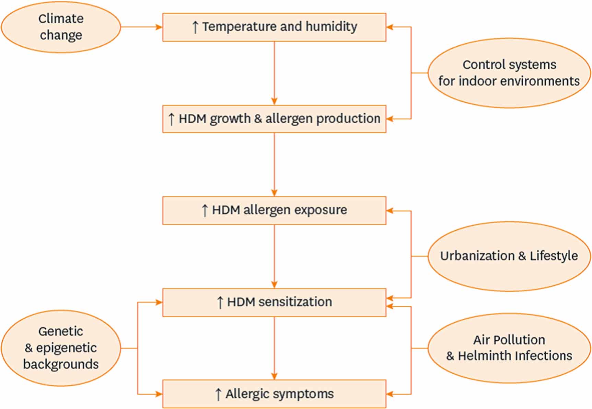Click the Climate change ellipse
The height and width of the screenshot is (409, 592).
click(61, 27)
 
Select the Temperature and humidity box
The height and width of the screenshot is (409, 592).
click(274, 27)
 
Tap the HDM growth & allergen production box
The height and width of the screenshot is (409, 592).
click(274, 119)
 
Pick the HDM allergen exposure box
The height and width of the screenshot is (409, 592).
click(274, 211)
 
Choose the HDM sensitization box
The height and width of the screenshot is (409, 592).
click(274, 302)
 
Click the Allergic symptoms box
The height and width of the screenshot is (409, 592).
click(274, 394)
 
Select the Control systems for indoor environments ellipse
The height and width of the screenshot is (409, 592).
click(509, 73)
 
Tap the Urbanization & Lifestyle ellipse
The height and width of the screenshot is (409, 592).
click(509, 256)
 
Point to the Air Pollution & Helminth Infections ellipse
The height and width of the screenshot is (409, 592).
click(509, 348)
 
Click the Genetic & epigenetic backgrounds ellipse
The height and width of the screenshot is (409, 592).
click(61, 348)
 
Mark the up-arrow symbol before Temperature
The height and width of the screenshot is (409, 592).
click(195, 27)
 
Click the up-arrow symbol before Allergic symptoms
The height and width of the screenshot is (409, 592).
click(218, 394)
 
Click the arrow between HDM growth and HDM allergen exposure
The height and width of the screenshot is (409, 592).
click(274, 164)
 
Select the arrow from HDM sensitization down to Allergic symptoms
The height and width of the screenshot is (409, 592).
click(274, 348)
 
